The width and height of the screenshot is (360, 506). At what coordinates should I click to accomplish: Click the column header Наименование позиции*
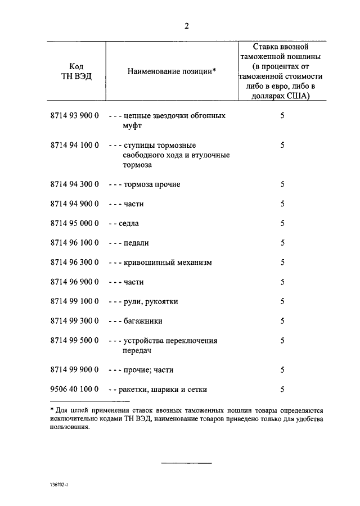172,72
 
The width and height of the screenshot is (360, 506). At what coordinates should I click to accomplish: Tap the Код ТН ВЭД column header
76,71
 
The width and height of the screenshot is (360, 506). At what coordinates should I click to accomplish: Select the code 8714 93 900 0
75,116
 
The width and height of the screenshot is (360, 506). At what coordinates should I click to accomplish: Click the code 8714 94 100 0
75,145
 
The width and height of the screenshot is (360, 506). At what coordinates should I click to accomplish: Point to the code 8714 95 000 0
75,223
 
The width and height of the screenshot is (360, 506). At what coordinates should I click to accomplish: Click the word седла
129,223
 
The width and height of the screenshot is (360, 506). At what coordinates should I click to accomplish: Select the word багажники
143,321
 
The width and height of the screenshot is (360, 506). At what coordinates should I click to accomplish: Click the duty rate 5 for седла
282,223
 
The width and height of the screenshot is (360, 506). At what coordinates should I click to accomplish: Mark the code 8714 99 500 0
75,341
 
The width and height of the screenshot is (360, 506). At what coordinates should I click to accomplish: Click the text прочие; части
148,370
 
